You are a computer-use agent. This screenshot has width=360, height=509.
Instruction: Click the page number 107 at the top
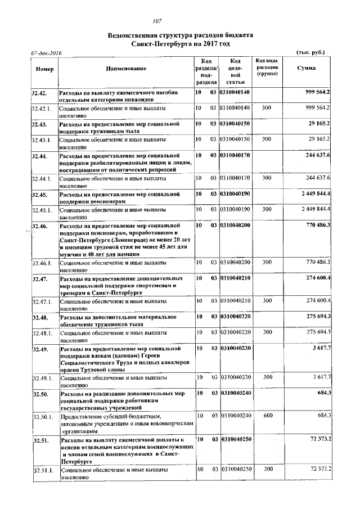(180, 21)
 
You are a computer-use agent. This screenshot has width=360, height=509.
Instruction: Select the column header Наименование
(125, 69)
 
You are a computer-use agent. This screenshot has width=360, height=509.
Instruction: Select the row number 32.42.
(39, 92)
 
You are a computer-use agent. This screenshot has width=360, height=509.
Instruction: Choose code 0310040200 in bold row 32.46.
(235, 225)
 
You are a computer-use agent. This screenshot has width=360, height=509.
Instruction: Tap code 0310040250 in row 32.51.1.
(235, 469)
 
